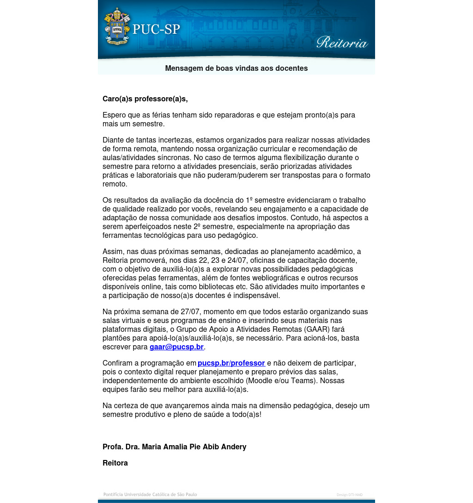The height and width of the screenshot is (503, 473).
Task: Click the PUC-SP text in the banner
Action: pos(156,29)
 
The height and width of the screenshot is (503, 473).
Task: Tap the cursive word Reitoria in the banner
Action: pos(342,43)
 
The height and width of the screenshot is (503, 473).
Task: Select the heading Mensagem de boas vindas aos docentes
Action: pos(236,68)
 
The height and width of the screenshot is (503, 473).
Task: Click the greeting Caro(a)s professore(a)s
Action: pos(145,99)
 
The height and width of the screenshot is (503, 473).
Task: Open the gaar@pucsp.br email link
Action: pos(176,347)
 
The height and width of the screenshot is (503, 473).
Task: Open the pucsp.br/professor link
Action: pos(231,363)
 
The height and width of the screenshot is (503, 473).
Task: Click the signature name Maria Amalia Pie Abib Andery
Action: pos(194,447)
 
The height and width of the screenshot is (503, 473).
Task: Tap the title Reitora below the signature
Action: pos(115,463)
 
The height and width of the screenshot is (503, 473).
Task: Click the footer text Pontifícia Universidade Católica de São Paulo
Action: pos(150,494)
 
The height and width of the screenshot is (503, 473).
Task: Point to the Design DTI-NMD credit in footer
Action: pos(350,495)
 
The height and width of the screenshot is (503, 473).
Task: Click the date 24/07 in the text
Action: pos(237,260)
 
